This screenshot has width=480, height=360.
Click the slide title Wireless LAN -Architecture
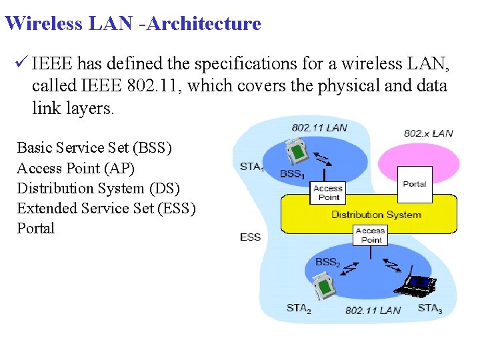[x=133, y=24]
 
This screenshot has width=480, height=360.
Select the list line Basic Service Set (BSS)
[x=94, y=148]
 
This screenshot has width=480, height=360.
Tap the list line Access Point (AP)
[x=75, y=168]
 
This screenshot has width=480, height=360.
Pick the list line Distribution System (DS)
[x=98, y=188]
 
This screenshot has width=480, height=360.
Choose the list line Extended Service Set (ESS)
[x=106, y=208]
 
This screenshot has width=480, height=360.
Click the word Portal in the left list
[x=36, y=228]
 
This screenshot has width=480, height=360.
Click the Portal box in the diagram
[x=414, y=184]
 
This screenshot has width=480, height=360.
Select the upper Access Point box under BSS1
[x=328, y=193]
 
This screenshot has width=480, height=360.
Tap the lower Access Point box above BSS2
[x=371, y=235]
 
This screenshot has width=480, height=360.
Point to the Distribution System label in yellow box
[x=376, y=215]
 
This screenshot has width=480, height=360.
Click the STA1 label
[x=251, y=167]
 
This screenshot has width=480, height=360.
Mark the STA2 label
[x=299, y=308]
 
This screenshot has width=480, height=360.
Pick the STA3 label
[x=430, y=308]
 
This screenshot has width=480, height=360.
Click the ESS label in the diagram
[x=250, y=237]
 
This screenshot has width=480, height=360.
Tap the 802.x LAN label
[x=428, y=133]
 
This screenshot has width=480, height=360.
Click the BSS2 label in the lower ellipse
[x=328, y=263]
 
